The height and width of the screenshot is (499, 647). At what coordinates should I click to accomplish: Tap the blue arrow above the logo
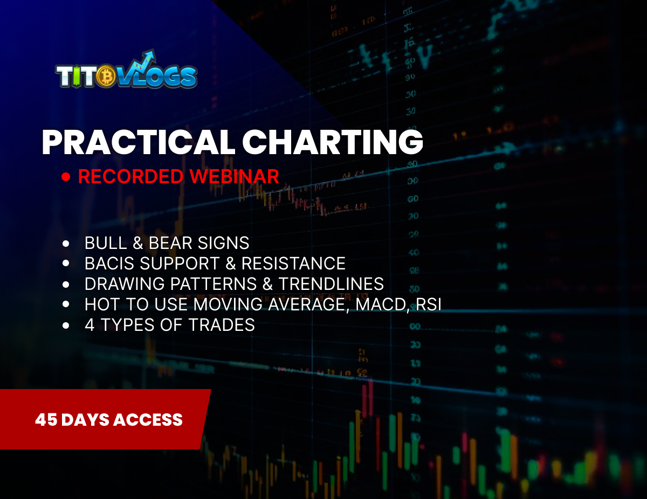pyautogui.click(x=145, y=58)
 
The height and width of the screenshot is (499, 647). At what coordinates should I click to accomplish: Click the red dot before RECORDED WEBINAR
pyautogui.click(x=66, y=177)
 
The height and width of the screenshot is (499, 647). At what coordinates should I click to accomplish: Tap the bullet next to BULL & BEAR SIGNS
pyautogui.click(x=66, y=244)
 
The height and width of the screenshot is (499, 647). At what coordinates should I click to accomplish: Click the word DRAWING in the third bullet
pyautogui.click(x=118, y=284)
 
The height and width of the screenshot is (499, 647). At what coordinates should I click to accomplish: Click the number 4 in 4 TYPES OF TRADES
pyautogui.click(x=90, y=325)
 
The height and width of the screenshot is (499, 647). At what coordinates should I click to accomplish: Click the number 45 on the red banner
pyautogui.click(x=46, y=420)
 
